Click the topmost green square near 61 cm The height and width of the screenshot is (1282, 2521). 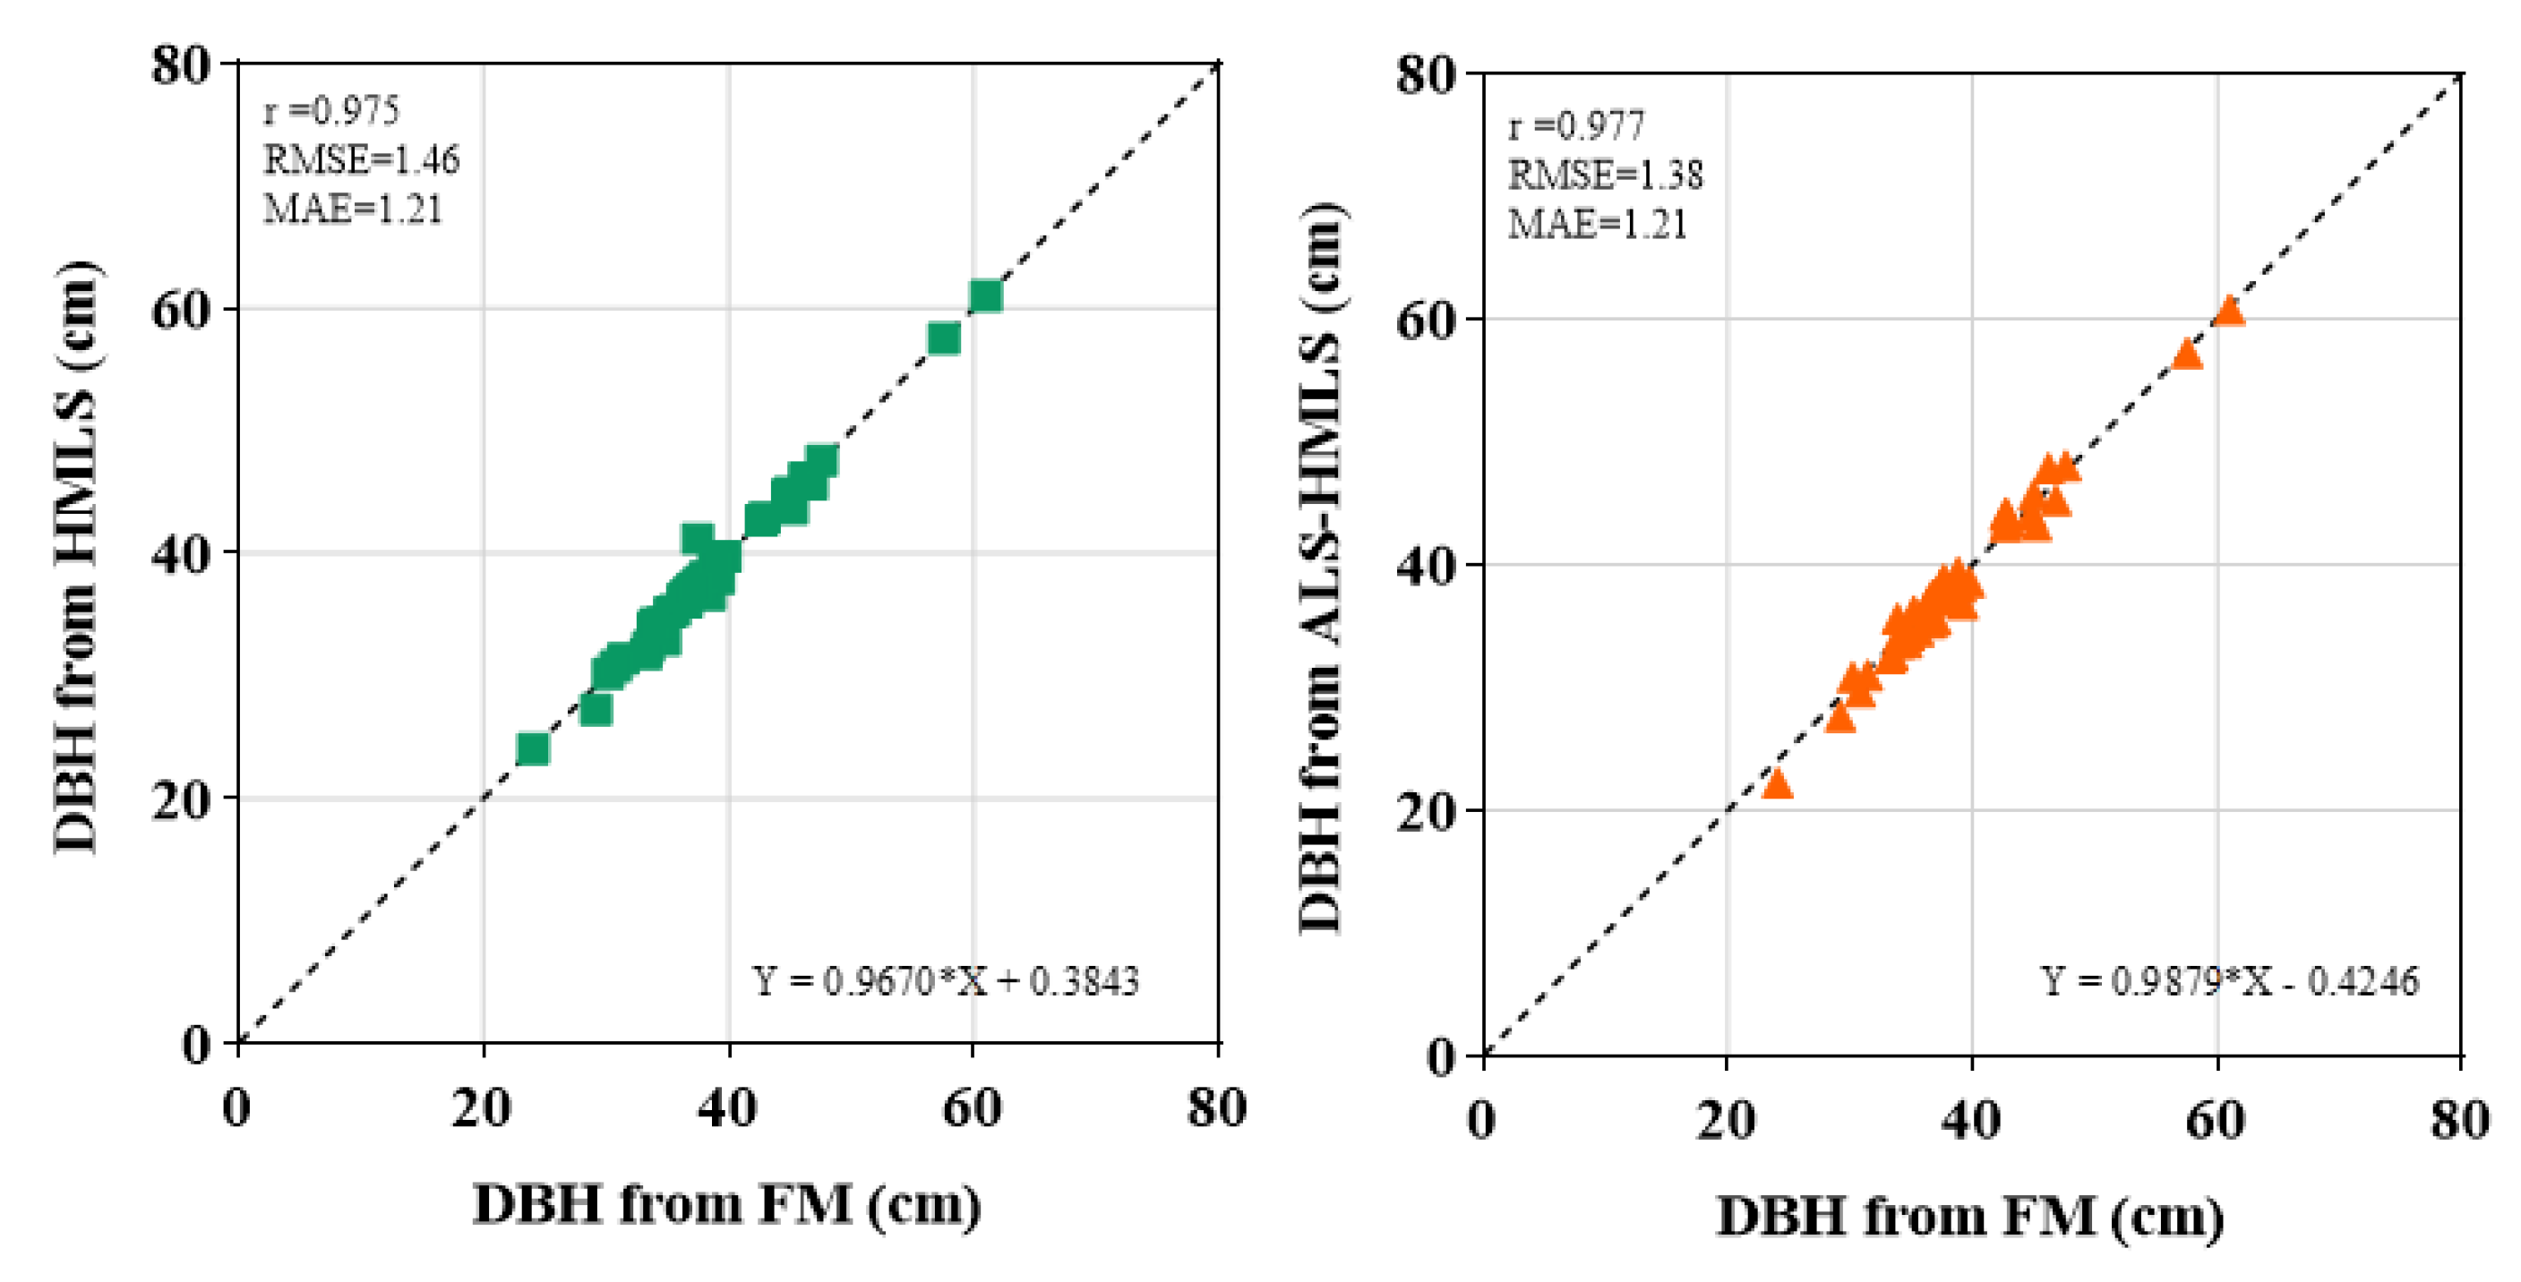985,295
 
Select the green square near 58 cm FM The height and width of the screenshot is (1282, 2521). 943,338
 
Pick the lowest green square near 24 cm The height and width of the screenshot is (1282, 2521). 532,748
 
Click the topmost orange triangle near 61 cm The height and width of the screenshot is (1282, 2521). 2229,312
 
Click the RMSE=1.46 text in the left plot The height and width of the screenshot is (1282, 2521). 361,159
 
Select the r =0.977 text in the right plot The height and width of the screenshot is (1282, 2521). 1576,126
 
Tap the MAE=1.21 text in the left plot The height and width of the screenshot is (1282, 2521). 353,209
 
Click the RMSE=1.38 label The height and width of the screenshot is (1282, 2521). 1605,175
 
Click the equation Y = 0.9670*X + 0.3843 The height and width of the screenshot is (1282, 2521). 946,980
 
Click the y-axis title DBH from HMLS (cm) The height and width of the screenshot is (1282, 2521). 76,558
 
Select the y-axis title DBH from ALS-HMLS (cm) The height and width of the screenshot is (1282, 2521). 1321,568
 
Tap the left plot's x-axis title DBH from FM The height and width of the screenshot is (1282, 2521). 727,1204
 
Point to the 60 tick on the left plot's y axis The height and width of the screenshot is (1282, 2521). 181,311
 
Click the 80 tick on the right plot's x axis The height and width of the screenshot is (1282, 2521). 2459,1120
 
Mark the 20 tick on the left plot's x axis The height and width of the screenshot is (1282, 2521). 482,1109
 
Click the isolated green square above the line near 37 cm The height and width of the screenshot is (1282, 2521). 697,537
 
